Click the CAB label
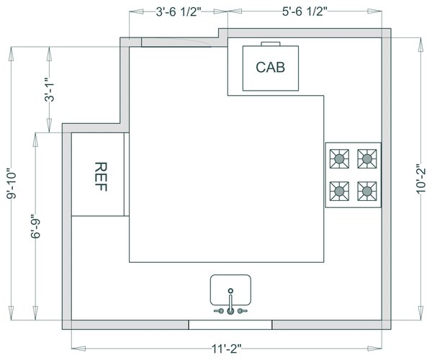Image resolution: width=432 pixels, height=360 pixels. pos(270,67)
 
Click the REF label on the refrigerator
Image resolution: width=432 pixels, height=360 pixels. pos(101,176)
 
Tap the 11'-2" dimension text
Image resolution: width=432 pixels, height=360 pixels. pos(227,349)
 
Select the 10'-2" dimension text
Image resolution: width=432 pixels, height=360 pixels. pos(421,179)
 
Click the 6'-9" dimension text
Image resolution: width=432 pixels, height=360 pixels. pos(36,226)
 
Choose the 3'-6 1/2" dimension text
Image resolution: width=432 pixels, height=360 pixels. pos(179,12)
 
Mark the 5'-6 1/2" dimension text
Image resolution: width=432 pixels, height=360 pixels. pos(305,12)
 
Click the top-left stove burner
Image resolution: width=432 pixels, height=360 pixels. pos(339,158)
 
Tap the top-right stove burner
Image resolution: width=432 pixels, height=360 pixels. pos(367,158)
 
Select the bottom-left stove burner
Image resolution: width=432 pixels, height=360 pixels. pos(339,191)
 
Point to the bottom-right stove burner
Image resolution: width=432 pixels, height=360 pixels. pos(367,191)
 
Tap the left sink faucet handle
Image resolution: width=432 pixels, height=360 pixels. pos(219,311)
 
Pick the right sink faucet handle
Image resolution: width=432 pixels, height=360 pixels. pos(242,311)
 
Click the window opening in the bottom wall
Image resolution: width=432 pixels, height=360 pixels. pos(230,325)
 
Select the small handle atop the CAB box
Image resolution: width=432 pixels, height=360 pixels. pos(271,44)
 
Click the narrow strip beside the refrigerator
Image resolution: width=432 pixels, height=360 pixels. pos(127,174)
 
